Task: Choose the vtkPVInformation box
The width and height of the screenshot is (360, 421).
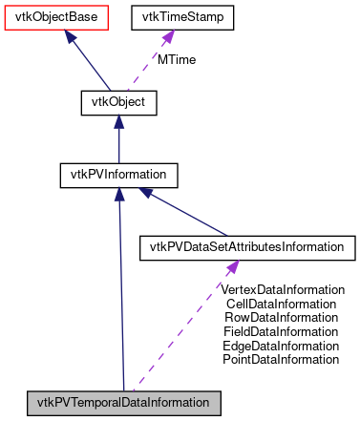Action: (117, 175)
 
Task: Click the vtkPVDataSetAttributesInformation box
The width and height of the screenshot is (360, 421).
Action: (247, 247)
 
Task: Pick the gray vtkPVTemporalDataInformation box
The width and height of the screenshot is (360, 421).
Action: (124, 401)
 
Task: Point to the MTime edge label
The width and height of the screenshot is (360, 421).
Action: (176, 60)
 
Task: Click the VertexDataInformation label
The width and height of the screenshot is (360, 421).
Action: (282, 289)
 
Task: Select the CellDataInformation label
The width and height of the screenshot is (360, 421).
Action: (282, 304)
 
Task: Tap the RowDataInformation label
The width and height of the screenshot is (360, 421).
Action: (282, 318)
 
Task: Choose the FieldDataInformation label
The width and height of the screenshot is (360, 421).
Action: (282, 331)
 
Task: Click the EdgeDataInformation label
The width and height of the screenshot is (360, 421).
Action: (282, 346)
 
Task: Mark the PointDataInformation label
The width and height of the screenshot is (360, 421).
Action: (282, 360)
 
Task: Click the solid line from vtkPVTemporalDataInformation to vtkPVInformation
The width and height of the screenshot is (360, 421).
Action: (120, 286)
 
